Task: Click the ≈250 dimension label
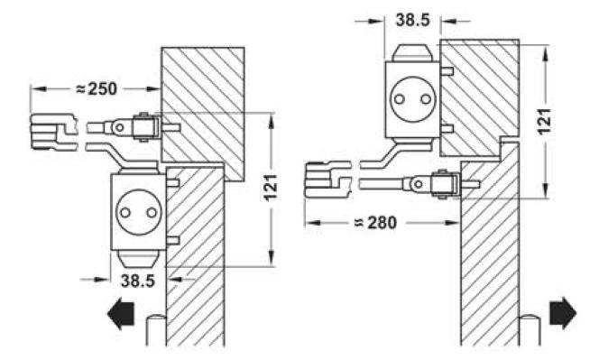pyautogui.click(x=97, y=89)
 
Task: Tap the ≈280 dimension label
pyautogui.click(x=376, y=223)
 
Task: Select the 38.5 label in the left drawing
pyautogui.click(x=137, y=281)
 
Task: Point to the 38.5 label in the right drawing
pyautogui.click(x=413, y=20)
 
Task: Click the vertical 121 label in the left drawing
pyautogui.click(x=271, y=188)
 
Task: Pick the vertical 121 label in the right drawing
pyautogui.click(x=545, y=121)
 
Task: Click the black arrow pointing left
pyautogui.click(x=121, y=313)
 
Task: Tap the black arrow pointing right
pyautogui.click(x=563, y=313)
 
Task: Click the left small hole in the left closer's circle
pyautogui.click(x=125, y=213)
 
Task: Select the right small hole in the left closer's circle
pyautogui.click(x=152, y=213)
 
